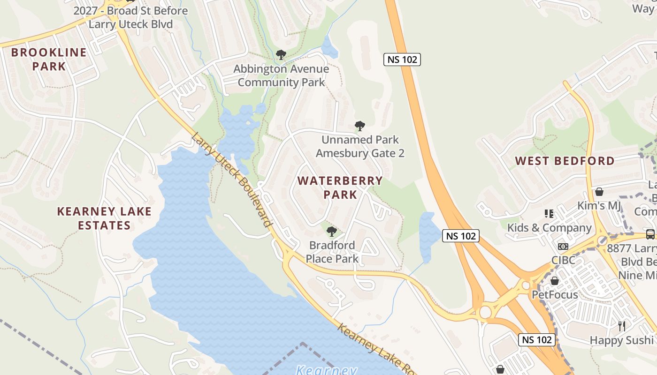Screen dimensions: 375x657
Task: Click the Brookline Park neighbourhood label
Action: click(x=49, y=59)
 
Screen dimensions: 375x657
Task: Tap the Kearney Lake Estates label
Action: click(x=104, y=218)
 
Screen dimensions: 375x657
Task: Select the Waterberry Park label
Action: click(x=340, y=187)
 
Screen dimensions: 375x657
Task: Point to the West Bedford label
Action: click(x=565, y=161)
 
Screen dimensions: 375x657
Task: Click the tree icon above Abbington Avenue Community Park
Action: click(x=281, y=55)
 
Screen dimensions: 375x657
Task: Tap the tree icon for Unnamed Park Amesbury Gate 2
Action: click(x=360, y=126)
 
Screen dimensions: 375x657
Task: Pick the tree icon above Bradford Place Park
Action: click(x=331, y=231)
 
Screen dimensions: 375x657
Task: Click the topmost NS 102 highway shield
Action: click(x=402, y=60)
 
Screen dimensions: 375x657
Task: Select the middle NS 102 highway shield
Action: click(x=461, y=236)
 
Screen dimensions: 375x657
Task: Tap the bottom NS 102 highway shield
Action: click(x=537, y=340)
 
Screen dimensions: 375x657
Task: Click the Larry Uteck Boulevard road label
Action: click(x=232, y=180)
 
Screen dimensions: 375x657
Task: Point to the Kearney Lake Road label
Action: click(x=375, y=349)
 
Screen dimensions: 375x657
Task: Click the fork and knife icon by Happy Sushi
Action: click(x=622, y=326)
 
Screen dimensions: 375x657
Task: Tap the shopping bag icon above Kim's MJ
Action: click(x=599, y=192)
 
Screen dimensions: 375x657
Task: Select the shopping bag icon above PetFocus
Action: click(x=555, y=281)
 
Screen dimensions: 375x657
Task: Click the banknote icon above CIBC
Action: click(x=563, y=247)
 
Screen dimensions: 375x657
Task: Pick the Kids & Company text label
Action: click(x=549, y=228)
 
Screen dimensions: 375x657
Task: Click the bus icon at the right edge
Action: click(x=650, y=234)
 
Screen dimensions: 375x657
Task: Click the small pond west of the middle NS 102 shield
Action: click(x=427, y=237)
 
